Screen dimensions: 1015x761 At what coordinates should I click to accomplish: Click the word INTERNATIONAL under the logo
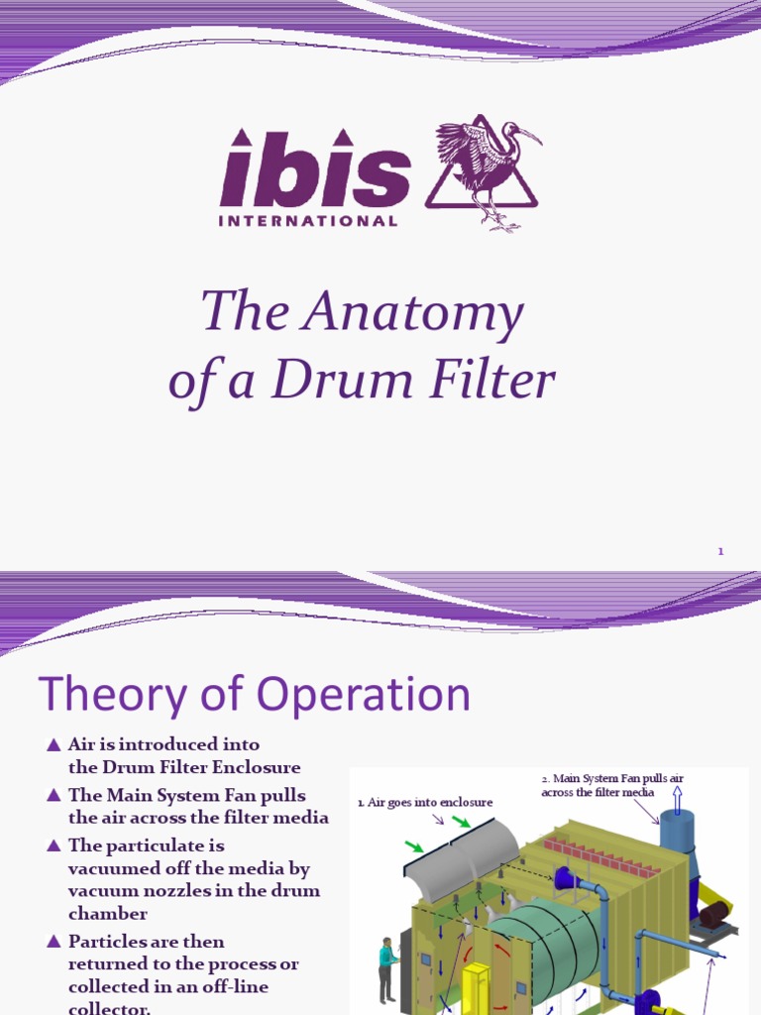click(x=308, y=221)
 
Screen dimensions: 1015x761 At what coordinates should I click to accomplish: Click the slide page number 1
click(x=721, y=551)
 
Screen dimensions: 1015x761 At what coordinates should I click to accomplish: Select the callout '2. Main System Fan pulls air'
click(x=612, y=785)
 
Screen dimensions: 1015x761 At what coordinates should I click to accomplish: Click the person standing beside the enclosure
click(x=385, y=968)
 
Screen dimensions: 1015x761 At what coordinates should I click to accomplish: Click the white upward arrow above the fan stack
click(x=678, y=797)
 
